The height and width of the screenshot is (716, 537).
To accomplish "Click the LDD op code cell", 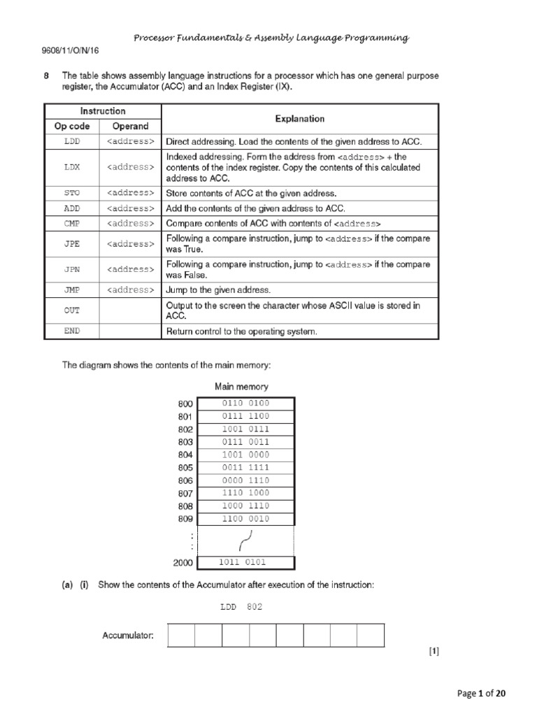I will click(72, 142).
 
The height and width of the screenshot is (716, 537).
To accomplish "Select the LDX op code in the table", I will click(72, 168).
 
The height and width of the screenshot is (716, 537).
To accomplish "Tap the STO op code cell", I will click(72, 194).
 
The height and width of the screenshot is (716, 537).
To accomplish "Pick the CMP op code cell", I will click(72, 224).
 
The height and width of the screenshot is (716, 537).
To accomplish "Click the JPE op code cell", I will click(72, 244).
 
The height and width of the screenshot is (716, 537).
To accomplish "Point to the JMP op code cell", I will click(72, 289).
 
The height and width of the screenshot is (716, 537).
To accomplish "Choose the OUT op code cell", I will click(72, 310).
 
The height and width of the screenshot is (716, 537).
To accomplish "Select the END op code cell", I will click(72, 332).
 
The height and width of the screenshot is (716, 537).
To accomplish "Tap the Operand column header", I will click(131, 127).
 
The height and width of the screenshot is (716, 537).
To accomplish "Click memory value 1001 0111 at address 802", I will click(245, 429).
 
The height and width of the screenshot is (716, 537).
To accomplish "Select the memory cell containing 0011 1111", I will click(245, 467).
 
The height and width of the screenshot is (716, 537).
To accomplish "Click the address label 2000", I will click(182, 563).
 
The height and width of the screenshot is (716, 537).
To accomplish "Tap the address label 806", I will click(185, 480).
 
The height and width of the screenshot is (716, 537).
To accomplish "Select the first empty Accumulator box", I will click(181, 636).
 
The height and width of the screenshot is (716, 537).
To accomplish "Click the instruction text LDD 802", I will click(241, 607).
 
